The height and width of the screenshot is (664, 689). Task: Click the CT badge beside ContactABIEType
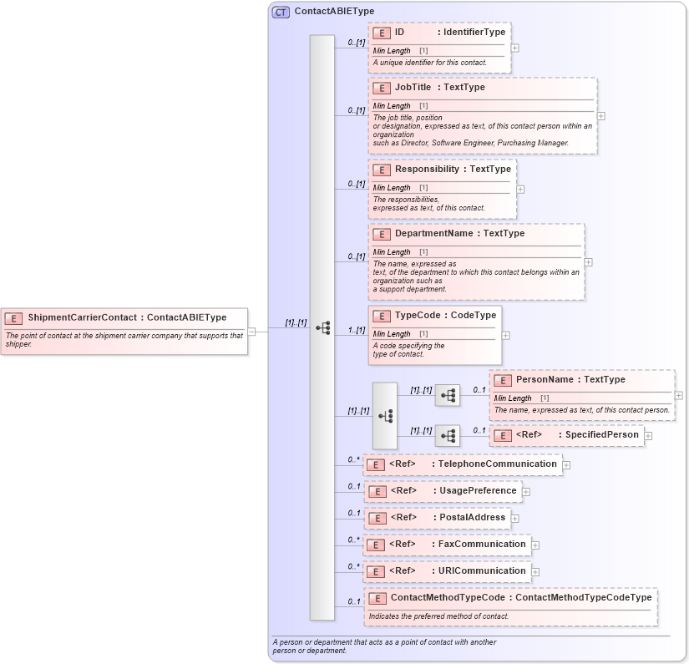pos(281,12)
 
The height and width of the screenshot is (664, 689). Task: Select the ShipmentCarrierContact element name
pos(82,317)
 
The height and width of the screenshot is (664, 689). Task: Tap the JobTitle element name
pos(413,87)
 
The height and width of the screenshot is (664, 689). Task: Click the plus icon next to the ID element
pos(514,48)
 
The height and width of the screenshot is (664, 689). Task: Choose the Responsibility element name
pos(427,169)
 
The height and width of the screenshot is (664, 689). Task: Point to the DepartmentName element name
pos(433,233)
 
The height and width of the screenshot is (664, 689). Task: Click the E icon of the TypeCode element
pos(382,316)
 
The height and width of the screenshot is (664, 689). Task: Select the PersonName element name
pos(545,379)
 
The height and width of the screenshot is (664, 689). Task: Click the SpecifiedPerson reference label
pos(601,434)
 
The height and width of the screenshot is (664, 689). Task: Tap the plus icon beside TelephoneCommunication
pos(566,464)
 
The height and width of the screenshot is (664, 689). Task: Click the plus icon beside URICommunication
pos(535,572)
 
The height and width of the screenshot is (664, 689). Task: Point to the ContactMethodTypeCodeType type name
pos(583,597)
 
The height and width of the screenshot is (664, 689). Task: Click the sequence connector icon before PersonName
pos(448,396)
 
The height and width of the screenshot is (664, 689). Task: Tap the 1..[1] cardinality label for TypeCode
pos(357,331)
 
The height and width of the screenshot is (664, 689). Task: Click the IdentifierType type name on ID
pos(474,32)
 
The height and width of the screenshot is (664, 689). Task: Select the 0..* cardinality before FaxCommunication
pos(354,540)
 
